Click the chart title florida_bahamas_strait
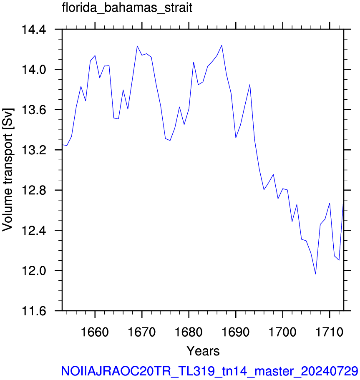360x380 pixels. click(127, 8)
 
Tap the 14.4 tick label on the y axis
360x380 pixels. click(34, 30)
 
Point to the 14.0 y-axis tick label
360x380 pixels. click(34, 70)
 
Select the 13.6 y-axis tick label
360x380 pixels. click(34, 110)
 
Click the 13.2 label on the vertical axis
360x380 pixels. click(34, 150)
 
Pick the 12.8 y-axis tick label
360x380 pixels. click(34, 191)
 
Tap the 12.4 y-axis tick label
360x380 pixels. click(34, 231)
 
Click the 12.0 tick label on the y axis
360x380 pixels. click(34, 271)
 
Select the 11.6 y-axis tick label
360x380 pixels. click(34, 311)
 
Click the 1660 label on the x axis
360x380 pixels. click(95, 332)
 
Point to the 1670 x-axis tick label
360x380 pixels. click(142, 332)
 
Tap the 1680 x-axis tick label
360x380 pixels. click(189, 332)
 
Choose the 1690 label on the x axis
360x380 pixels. click(236, 332)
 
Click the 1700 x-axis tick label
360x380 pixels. click(283, 332)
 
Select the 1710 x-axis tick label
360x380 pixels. click(330, 332)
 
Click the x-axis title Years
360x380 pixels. click(203, 351)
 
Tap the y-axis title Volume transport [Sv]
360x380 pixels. click(8, 170)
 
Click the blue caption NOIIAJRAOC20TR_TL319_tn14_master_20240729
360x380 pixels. click(209, 371)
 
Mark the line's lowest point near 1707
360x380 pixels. click(315, 274)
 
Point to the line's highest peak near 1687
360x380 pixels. click(222, 45)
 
